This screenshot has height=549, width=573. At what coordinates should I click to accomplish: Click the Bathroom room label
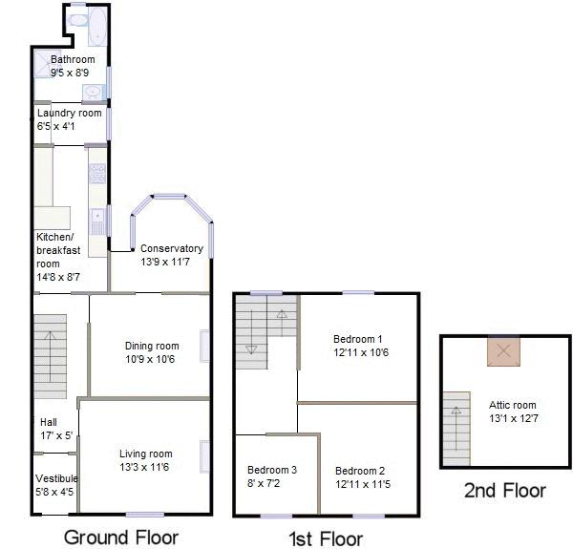pos(73,59)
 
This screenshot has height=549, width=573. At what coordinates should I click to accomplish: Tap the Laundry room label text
pos(69,113)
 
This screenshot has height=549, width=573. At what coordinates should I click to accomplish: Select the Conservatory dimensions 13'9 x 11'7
pos(171,262)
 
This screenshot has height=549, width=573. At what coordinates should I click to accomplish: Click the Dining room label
pos(152,346)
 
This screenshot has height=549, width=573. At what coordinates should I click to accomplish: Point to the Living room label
pos(145,454)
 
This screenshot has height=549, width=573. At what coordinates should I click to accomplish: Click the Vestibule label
pos(56,478)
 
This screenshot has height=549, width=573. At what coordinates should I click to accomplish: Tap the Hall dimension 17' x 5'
pos(55,435)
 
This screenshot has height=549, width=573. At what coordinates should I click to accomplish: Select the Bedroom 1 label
pos(357,339)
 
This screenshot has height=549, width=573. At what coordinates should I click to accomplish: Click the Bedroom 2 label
pos(359,470)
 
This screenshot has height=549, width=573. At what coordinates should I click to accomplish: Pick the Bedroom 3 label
pos(272,470)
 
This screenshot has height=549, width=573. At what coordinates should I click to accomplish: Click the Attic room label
pos(513,404)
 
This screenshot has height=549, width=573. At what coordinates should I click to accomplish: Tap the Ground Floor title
pos(120,537)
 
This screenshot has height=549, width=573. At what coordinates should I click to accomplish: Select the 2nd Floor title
pos(504,491)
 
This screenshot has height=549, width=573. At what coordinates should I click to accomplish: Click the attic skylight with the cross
pos(504,351)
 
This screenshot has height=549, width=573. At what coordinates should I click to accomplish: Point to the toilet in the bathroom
pos(77,18)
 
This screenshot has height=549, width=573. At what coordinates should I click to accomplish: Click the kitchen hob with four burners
pos(97,173)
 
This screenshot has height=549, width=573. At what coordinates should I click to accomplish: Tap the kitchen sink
pos(97,222)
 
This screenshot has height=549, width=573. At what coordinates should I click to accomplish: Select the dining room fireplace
pos(204,346)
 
